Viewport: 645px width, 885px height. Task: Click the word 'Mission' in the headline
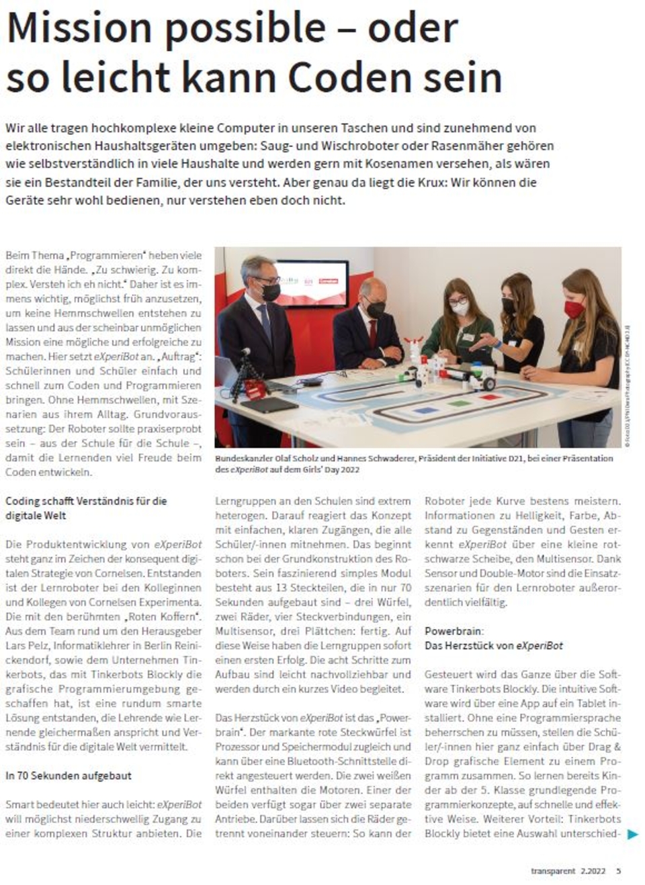point(79,28)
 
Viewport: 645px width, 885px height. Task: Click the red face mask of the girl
point(575,309)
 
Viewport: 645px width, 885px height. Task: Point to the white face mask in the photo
point(460,308)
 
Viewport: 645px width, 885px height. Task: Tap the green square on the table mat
point(458,404)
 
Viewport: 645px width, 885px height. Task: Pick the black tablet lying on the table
point(268,405)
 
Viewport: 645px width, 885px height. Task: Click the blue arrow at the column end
point(632,834)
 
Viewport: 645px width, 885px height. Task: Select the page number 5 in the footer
point(619,871)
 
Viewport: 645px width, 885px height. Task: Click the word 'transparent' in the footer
point(553,871)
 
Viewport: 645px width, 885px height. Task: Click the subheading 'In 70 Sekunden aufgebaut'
point(69,776)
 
